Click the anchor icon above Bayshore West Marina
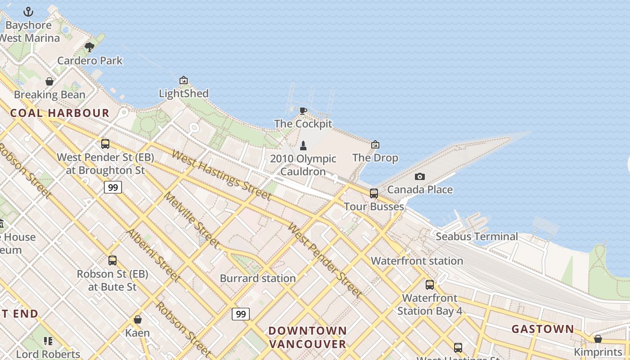(28, 12)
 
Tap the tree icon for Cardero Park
(90, 47)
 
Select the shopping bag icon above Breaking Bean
(49, 81)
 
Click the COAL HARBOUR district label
(60, 113)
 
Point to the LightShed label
(184, 94)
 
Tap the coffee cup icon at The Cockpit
(303, 111)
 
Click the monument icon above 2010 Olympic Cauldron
(303, 145)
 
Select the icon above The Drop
(375, 144)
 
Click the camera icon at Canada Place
(419, 176)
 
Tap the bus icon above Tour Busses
(373, 193)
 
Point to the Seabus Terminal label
(477, 236)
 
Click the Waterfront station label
(417, 261)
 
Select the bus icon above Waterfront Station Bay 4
(429, 284)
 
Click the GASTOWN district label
(543, 329)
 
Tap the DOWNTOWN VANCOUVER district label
(308, 337)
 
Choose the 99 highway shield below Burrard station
(241, 314)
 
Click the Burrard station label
(257, 278)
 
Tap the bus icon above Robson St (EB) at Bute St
(112, 260)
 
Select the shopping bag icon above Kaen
(138, 319)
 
